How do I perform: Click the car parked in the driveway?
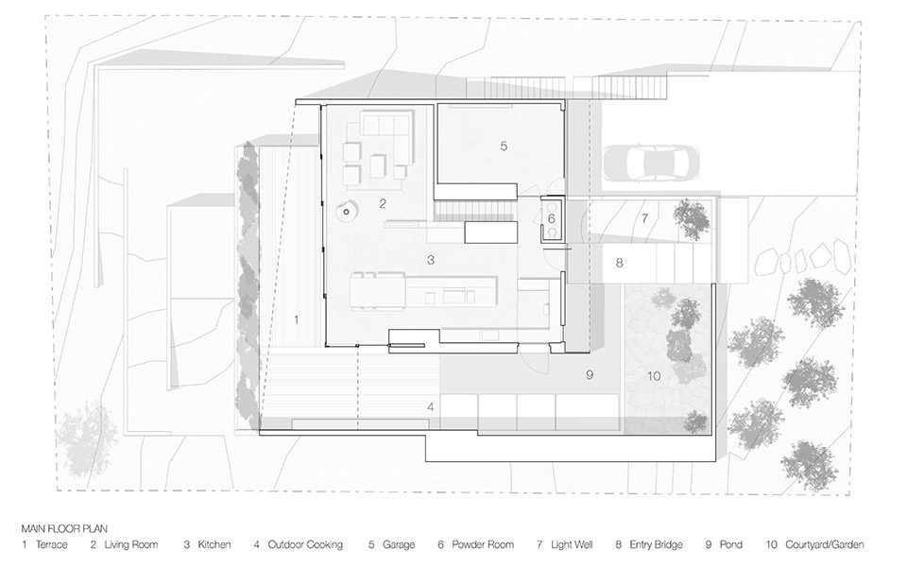[651, 162]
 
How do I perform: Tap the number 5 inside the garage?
[504, 146]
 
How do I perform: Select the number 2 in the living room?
[383, 203]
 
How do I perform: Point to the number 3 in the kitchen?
[431, 260]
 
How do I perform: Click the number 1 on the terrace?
[297, 319]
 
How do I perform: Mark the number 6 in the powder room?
[551, 218]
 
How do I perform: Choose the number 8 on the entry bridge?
[620, 263]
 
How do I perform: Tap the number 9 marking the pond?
[590, 375]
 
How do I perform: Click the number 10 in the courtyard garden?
[654, 376]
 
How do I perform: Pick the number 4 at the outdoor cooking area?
[431, 407]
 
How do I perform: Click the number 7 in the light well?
[644, 218]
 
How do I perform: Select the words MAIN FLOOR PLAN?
[64, 528]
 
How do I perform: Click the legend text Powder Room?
[483, 544]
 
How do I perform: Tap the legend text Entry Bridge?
[656, 544]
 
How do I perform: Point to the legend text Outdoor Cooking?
[305, 544]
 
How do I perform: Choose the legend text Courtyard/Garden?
[825, 544]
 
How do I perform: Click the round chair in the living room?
[348, 210]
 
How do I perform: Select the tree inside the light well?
[692, 218]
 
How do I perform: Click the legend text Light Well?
[572, 544]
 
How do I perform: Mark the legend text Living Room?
[131, 544]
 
